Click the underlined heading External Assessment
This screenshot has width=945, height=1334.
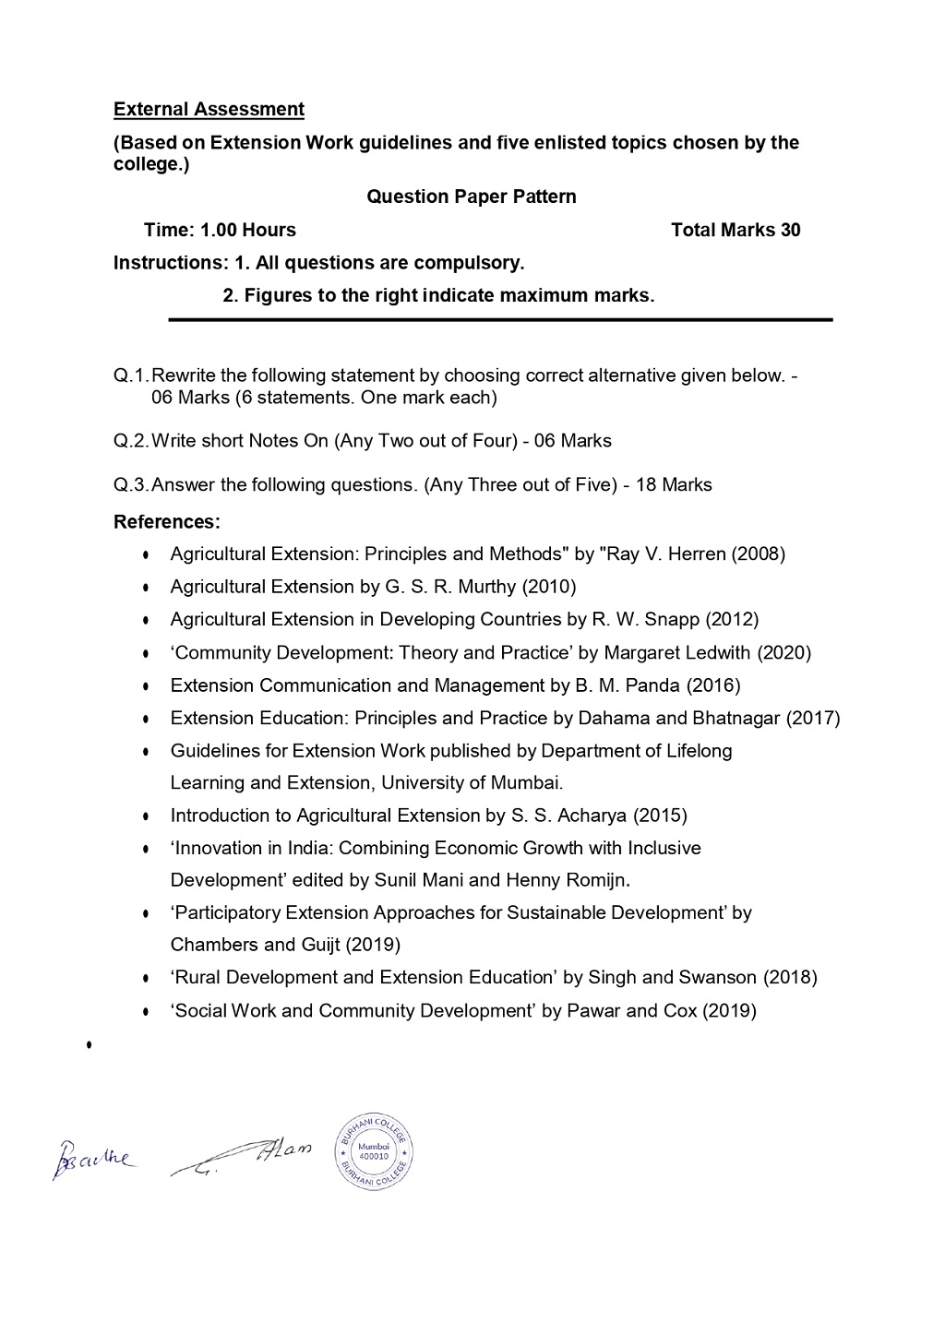[x=209, y=110]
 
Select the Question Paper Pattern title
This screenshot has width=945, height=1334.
[x=471, y=197]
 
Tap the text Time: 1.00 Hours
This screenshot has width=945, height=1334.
[x=220, y=230]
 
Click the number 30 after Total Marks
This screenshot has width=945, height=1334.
[x=790, y=230]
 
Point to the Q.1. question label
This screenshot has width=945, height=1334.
[x=131, y=375]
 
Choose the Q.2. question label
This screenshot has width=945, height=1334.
[x=131, y=441]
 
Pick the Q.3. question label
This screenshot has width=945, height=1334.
[x=131, y=485]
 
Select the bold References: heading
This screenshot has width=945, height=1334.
[x=167, y=522]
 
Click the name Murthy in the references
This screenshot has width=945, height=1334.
[x=487, y=587]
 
